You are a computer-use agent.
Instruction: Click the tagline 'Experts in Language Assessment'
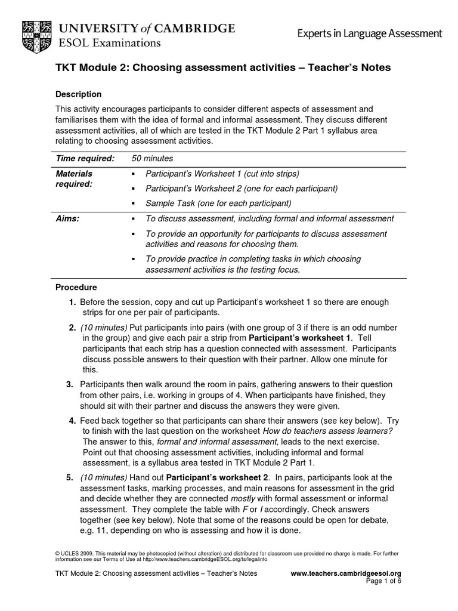[x=370, y=34]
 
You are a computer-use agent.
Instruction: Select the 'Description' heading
[x=78, y=94]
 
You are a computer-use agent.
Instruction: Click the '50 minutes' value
[x=152, y=158]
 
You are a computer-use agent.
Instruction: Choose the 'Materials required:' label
[x=75, y=179]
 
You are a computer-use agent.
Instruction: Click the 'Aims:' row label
[x=67, y=219]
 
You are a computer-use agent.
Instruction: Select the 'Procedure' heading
[x=76, y=287]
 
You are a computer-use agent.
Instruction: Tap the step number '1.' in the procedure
[x=72, y=303]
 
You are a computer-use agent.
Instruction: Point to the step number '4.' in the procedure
[x=72, y=421]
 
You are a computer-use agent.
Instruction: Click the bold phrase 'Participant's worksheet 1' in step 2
[x=299, y=338]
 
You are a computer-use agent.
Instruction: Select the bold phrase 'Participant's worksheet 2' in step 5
[x=217, y=477]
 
